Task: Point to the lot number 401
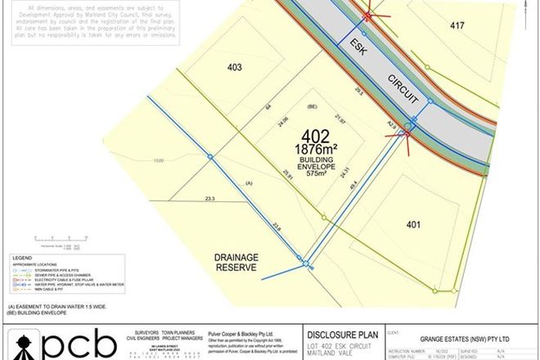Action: (415, 221)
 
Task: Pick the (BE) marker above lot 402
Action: (311, 106)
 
